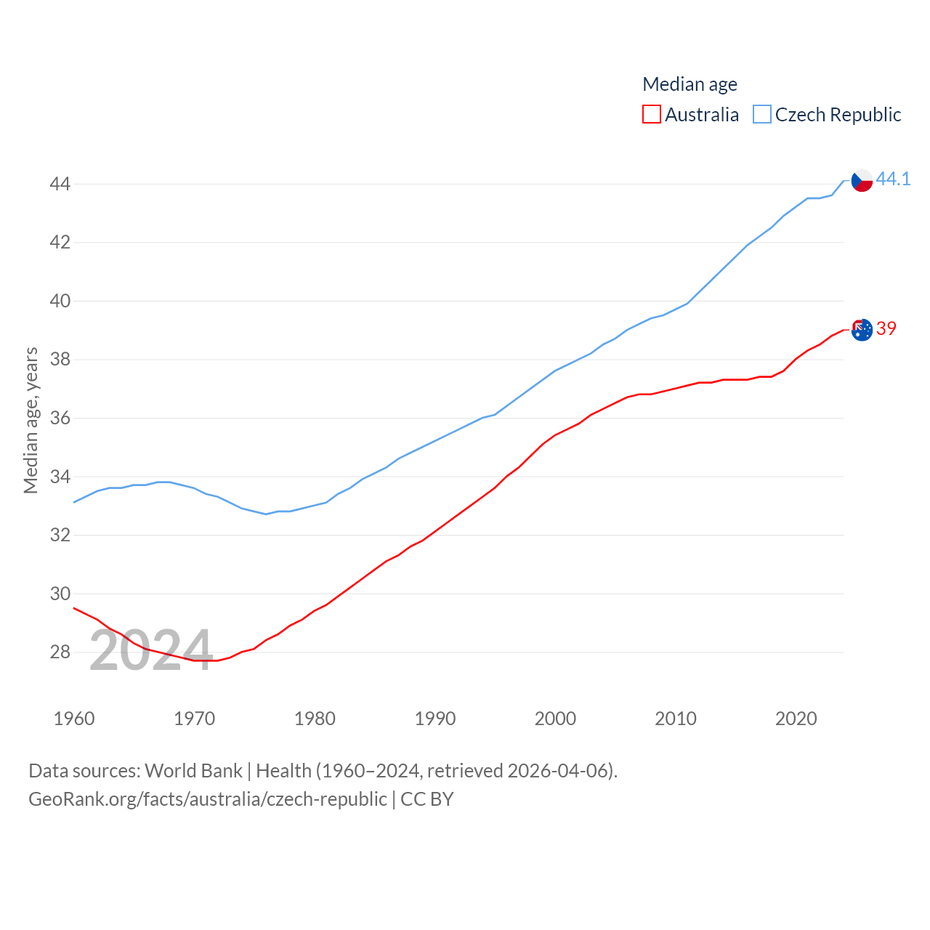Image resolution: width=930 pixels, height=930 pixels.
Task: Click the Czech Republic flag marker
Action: [x=862, y=180]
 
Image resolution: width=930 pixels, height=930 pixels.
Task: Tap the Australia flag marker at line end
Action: [x=862, y=330]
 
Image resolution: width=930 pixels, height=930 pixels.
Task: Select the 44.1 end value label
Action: [x=893, y=179]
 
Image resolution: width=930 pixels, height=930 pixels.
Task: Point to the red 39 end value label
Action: [x=886, y=328]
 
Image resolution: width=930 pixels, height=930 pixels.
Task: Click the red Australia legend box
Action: [x=652, y=115]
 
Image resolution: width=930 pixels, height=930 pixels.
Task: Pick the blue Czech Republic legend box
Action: [x=761, y=115]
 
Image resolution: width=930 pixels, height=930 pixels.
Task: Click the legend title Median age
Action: [x=690, y=84]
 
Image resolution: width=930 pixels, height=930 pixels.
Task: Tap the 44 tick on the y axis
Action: [x=60, y=184]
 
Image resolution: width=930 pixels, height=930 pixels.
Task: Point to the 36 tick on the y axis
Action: [x=60, y=418]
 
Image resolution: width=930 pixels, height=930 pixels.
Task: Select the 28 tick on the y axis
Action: [x=60, y=652]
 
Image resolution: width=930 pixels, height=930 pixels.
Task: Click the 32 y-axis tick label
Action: [x=60, y=535]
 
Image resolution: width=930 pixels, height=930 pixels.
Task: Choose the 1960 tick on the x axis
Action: [x=74, y=719]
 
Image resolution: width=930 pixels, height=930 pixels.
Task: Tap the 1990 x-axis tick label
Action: [x=435, y=719]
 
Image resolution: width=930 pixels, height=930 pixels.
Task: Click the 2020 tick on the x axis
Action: [x=796, y=719]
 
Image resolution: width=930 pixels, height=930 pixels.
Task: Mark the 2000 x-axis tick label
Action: [x=555, y=719]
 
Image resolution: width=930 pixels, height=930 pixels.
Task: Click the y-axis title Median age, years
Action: [x=31, y=420]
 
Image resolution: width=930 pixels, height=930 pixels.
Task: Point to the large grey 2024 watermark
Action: [x=151, y=650]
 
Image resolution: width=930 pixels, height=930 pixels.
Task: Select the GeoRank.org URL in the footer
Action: [x=207, y=799]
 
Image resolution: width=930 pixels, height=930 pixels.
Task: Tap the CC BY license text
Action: [x=427, y=799]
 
